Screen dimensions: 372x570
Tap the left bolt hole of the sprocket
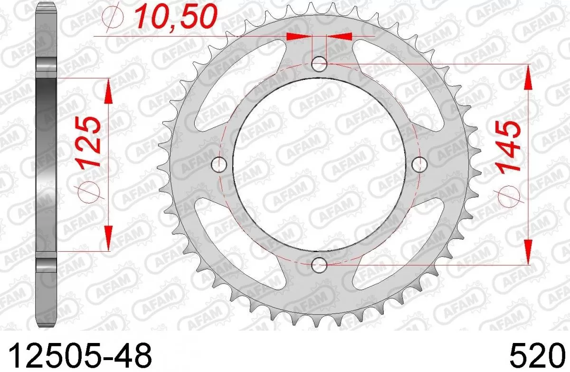click(218, 164)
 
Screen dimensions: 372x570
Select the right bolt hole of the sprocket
click(418, 164)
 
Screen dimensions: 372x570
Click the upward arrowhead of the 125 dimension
click(109, 90)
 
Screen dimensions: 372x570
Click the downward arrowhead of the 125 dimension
click(109, 238)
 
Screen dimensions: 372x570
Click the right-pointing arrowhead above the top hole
click(299, 36)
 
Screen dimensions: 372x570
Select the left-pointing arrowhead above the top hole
click(339, 36)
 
